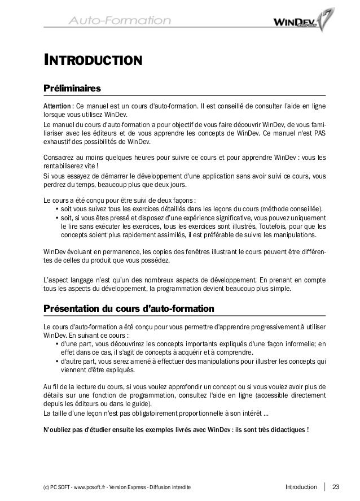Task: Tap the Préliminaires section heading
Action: (x=72, y=89)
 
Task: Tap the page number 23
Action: (x=337, y=487)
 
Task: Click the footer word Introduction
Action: (x=301, y=487)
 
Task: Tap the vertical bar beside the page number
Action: (x=326, y=487)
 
